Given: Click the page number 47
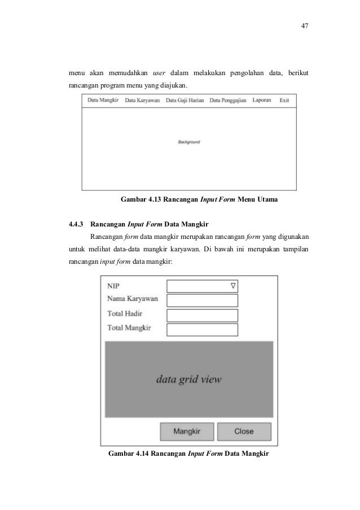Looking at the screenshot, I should [x=305, y=27].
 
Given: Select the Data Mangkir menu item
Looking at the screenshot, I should [x=103, y=101].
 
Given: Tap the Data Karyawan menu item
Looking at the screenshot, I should [x=142, y=101].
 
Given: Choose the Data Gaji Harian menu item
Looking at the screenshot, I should [x=185, y=101].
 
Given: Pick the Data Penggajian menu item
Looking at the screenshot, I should [x=227, y=101].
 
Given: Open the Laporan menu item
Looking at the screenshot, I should [x=262, y=100].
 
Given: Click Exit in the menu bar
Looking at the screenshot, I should [x=284, y=100].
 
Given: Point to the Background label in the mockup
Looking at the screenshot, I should [x=189, y=142].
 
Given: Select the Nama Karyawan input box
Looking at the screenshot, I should [x=203, y=300].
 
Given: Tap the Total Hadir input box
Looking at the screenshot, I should [x=203, y=315].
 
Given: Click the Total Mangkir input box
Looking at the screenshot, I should [x=203, y=330].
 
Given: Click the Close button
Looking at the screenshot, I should [x=244, y=431].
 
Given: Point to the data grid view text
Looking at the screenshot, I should [x=189, y=379].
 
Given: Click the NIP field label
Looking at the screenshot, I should [x=113, y=286].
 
